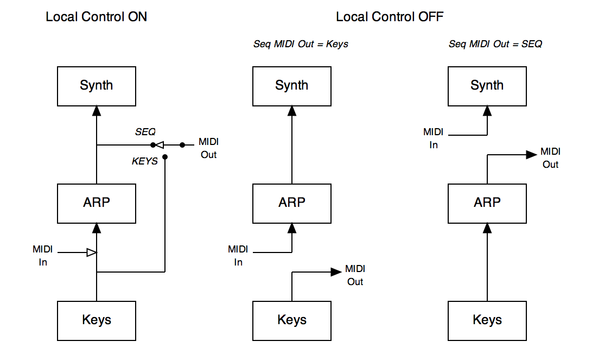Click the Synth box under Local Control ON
[97, 86]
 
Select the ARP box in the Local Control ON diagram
[97, 203]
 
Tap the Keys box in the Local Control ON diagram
[97, 320]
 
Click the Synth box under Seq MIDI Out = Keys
[292, 86]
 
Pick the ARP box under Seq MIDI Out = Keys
[292, 203]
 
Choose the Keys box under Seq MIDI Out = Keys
[292, 320]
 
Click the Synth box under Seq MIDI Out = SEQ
[487, 86]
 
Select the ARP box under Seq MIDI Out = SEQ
[487, 203]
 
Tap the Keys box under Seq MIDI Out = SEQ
[487, 320]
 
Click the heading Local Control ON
[96, 17]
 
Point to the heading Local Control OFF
[390, 17]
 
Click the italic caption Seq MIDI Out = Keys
[301, 44]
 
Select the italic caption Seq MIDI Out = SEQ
[495, 44]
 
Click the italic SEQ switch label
[145, 132]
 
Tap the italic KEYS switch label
[145, 161]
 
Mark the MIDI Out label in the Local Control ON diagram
[208, 148]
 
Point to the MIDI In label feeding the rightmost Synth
[433, 138]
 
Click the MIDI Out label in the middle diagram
[355, 275]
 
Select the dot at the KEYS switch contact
[164, 157]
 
